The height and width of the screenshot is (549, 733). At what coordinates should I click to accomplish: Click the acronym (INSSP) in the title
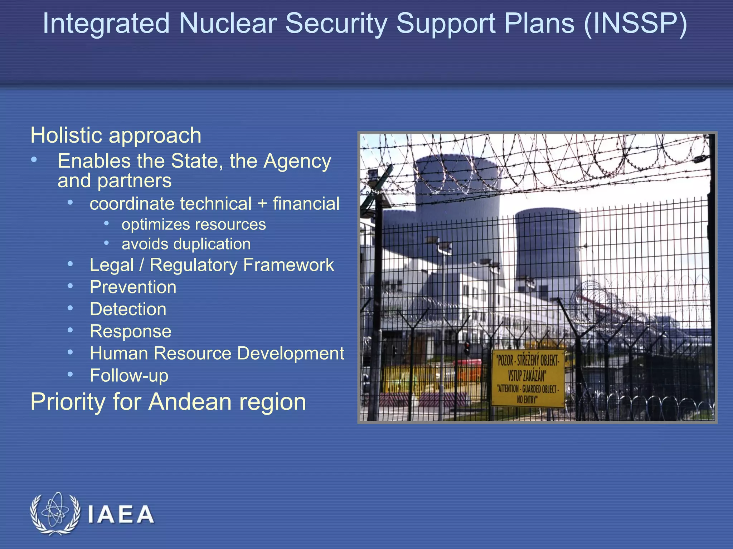click(635, 24)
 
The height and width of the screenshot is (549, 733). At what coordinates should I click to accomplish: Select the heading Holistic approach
click(116, 135)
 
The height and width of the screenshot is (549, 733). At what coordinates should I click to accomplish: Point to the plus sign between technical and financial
click(262, 204)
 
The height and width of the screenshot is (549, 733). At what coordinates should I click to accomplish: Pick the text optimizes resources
click(194, 224)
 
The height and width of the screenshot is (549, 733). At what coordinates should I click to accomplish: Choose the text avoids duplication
click(186, 244)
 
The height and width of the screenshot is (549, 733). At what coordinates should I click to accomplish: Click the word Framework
click(288, 265)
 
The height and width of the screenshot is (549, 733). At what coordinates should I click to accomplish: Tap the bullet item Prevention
click(133, 287)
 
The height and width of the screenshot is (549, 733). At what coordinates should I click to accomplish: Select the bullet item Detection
click(128, 309)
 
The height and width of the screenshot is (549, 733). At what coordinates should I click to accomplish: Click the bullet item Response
click(131, 331)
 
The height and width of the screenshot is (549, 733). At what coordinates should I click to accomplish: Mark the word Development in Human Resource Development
click(290, 353)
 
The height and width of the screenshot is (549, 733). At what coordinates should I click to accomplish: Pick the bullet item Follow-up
click(129, 376)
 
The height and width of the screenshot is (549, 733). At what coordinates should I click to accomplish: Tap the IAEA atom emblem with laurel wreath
click(55, 514)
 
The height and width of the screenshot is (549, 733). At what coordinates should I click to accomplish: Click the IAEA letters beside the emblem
click(121, 514)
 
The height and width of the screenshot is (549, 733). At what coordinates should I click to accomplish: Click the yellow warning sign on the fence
click(528, 378)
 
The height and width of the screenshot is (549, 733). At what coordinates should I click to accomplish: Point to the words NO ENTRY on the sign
click(527, 399)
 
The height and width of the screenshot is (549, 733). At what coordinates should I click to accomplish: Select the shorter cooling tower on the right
click(548, 250)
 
